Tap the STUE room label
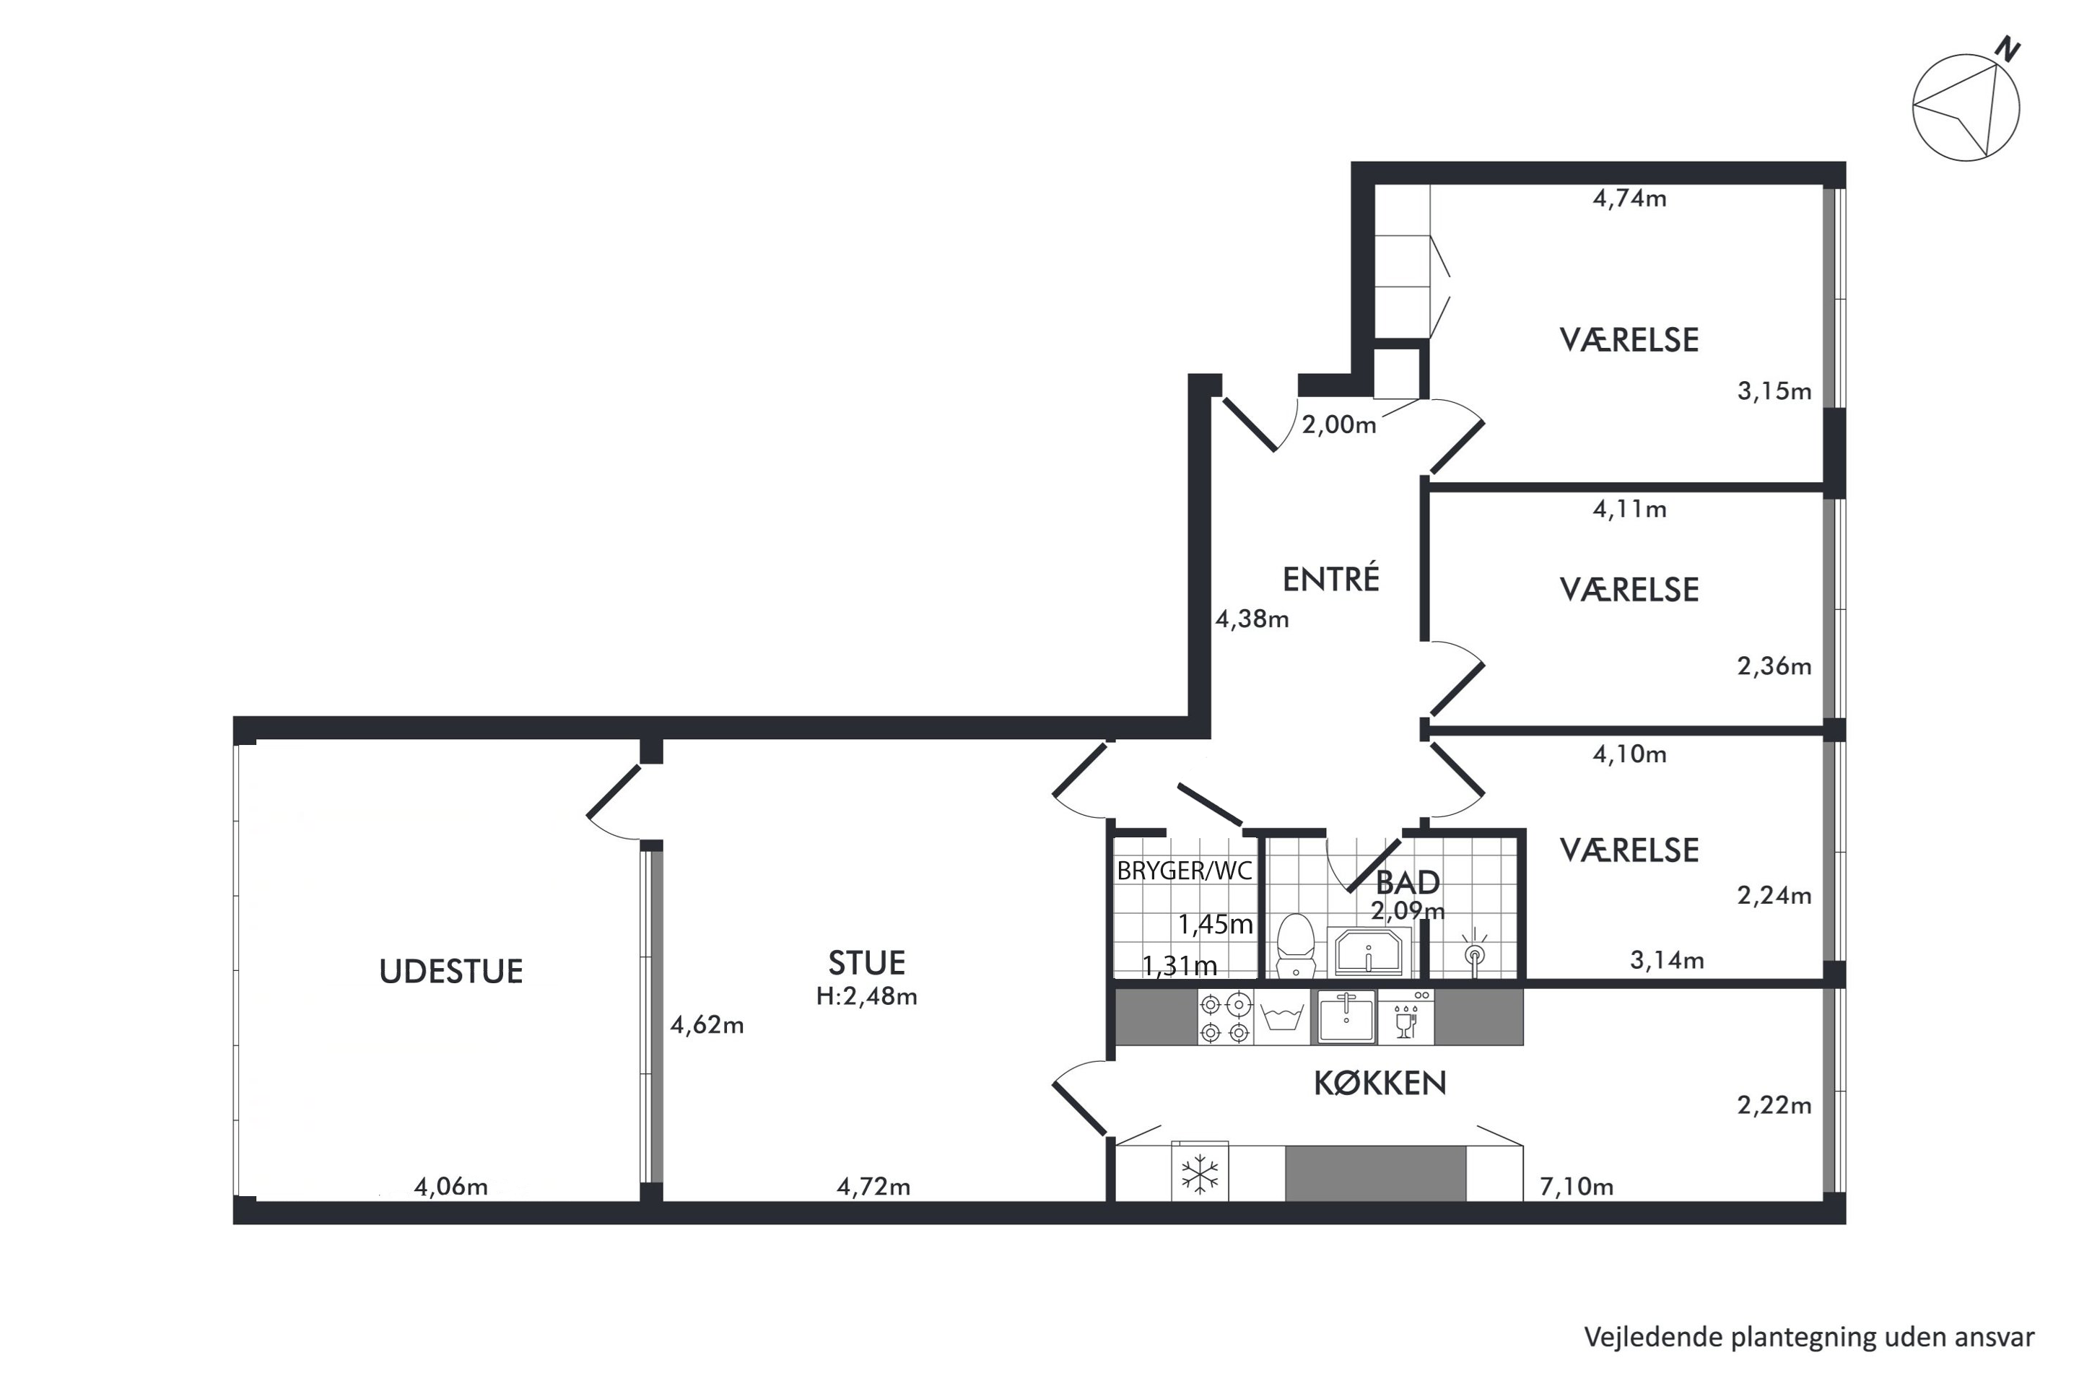pyautogui.click(x=866, y=962)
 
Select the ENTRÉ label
pyautogui.click(x=1330, y=578)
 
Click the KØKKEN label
pyautogui.click(x=1380, y=1083)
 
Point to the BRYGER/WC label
pyautogui.click(x=1185, y=871)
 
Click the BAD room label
pyautogui.click(x=1408, y=882)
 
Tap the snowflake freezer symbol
pyautogui.click(x=1200, y=1174)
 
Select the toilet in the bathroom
pyautogui.click(x=1296, y=946)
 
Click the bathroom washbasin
pyautogui.click(x=1369, y=952)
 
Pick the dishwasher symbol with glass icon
pyautogui.click(x=1406, y=1017)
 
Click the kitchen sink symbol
pyautogui.click(x=1346, y=1017)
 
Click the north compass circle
pyautogui.click(x=1965, y=108)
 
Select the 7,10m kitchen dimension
pyautogui.click(x=1576, y=1186)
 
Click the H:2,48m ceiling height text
pyautogui.click(x=866, y=996)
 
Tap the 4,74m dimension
pyautogui.click(x=1629, y=198)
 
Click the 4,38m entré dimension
pyautogui.click(x=1252, y=619)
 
